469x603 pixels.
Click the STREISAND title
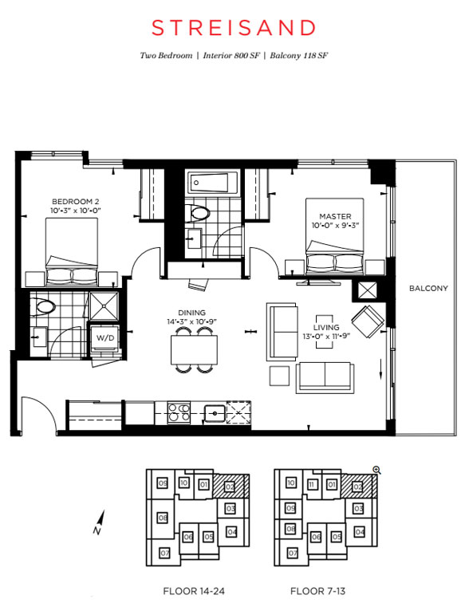click(x=234, y=28)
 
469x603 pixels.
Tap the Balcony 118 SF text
click(x=298, y=55)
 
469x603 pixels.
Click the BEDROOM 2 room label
click(x=75, y=202)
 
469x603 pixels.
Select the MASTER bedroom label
click(x=335, y=216)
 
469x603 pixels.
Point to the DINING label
click(x=191, y=313)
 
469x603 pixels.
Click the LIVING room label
click(x=326, y=327)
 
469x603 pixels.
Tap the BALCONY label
click(x=428, y=288)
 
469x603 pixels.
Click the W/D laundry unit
click(x=105, y=338)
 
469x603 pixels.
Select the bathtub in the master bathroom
click(x=213, y=183)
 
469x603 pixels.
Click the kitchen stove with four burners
click(x=179, y=413)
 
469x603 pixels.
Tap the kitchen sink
click(x=214, y=413)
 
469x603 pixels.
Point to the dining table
click(x=194, y=350)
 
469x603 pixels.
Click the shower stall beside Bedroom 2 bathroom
click(x=104, y=306)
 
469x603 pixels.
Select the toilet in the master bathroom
click(x=197, y=213)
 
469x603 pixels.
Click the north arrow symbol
click(x=100, y=522)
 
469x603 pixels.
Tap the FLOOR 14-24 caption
click(x=194, y=591)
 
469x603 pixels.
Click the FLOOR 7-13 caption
click(x=318, y=591)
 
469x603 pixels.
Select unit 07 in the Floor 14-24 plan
click(x=164, y=553)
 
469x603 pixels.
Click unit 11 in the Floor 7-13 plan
click(x=312, y=484)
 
